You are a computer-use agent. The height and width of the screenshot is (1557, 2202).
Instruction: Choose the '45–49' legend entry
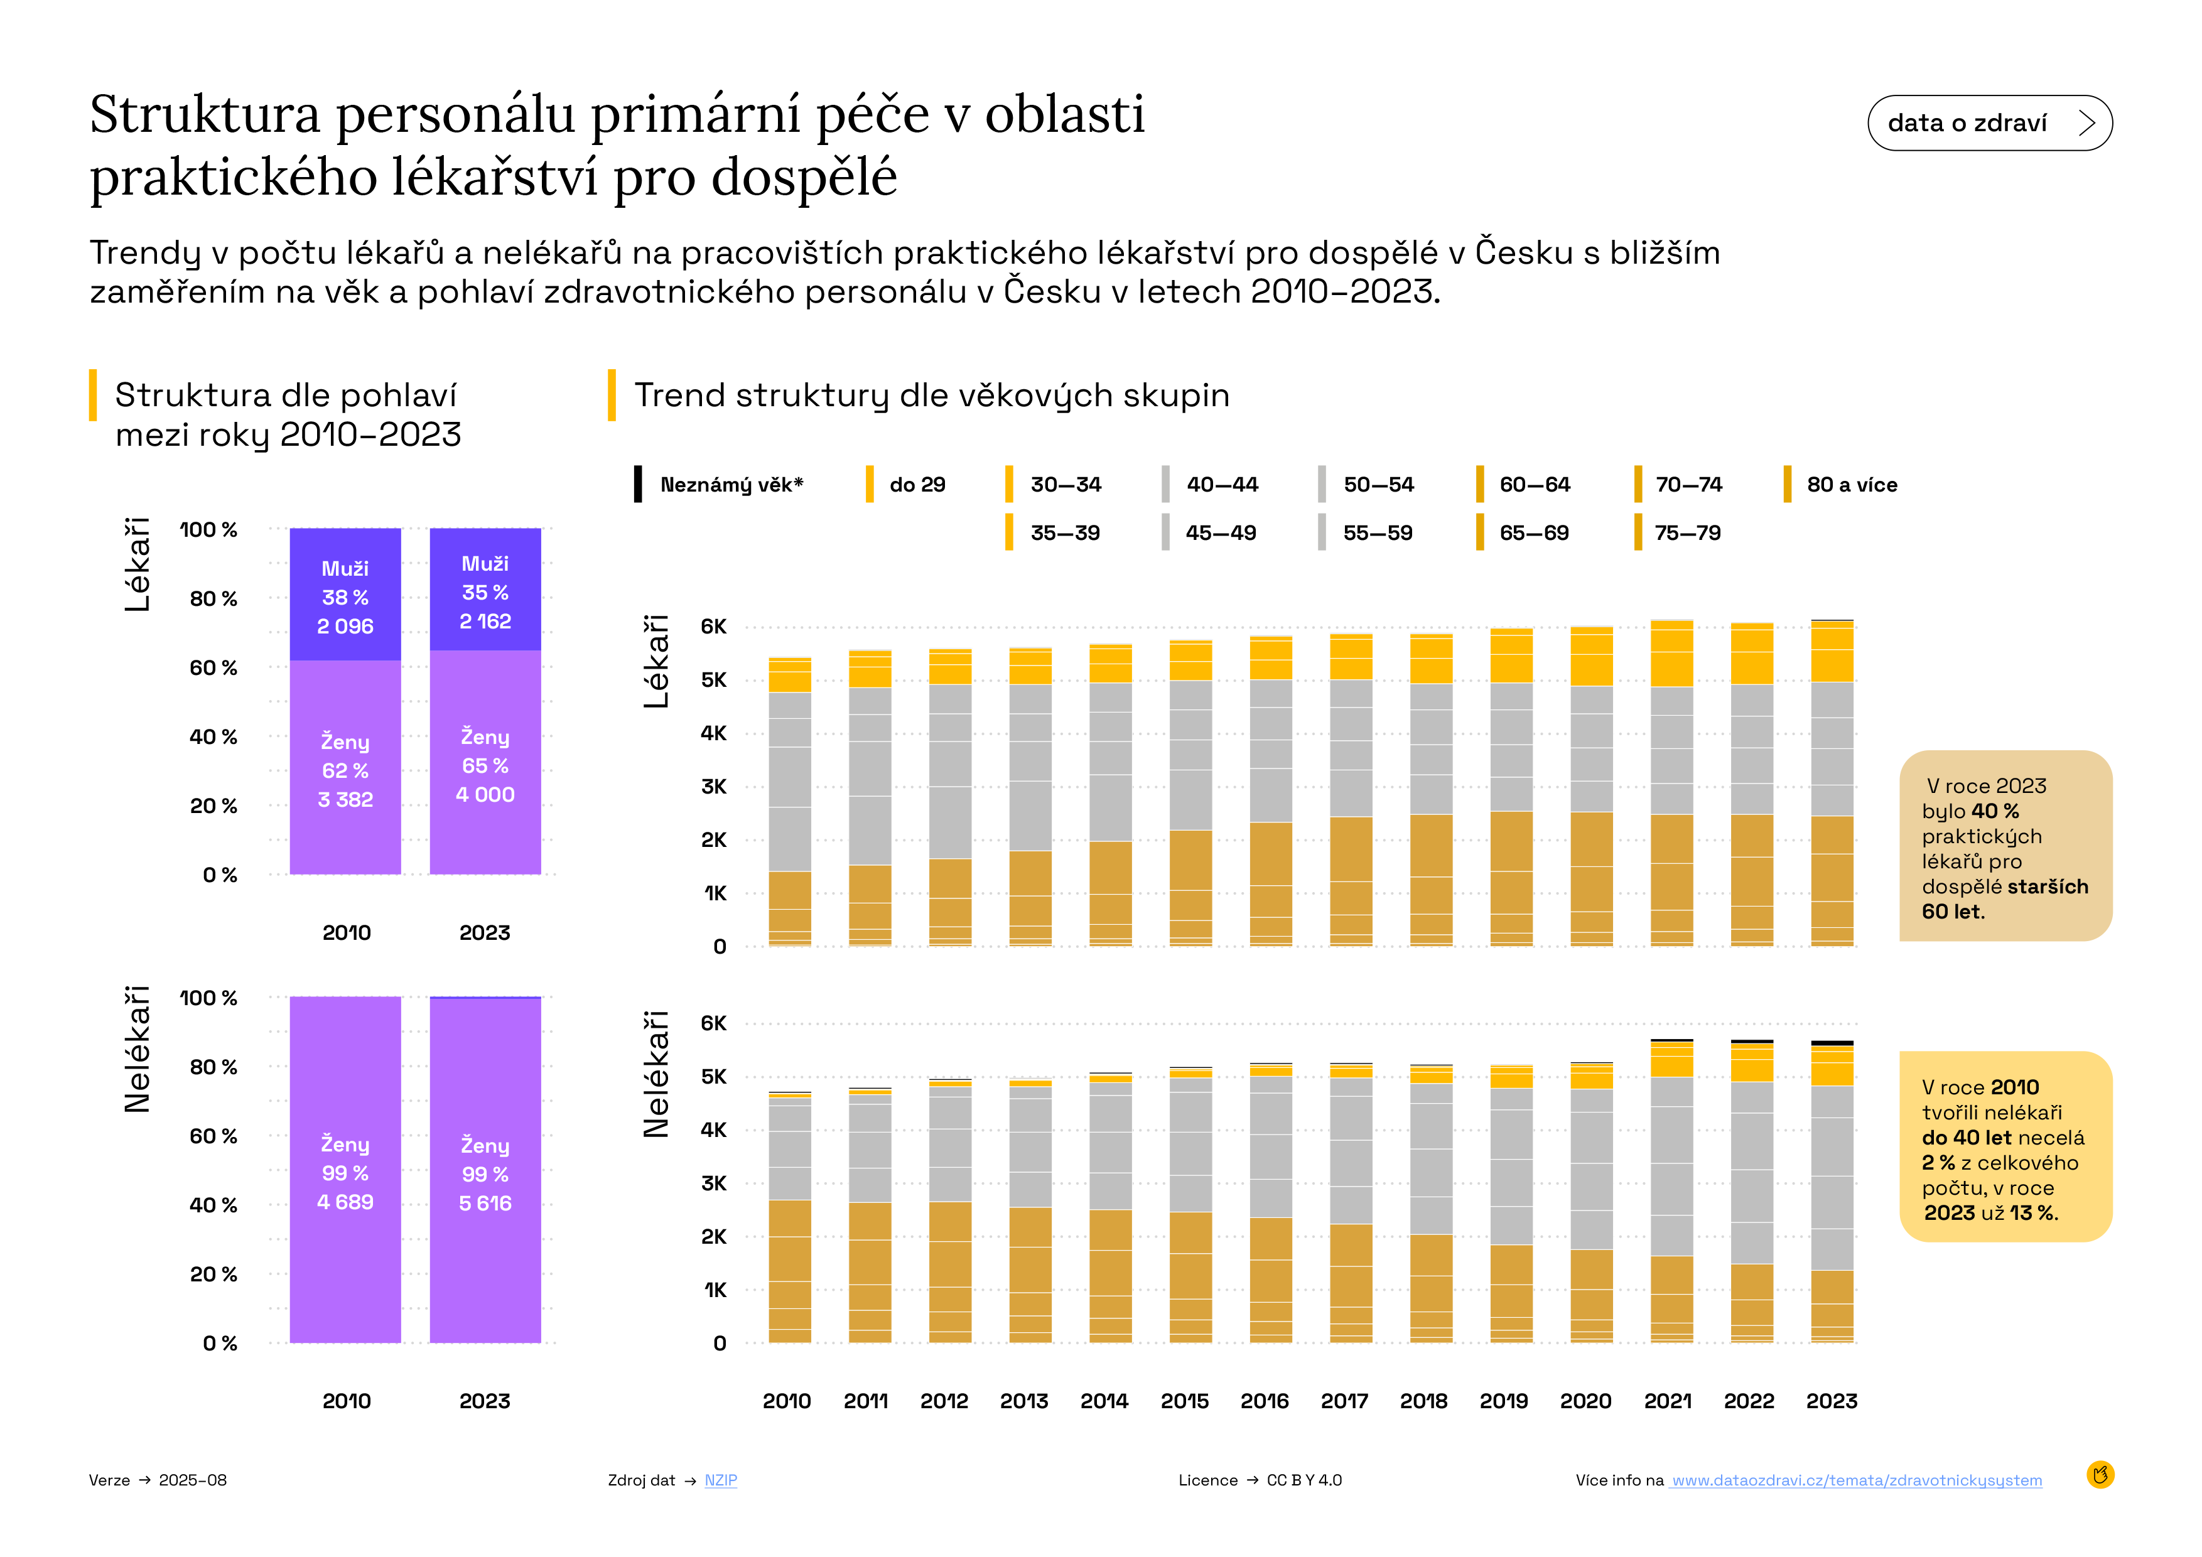(x=1220, y=532)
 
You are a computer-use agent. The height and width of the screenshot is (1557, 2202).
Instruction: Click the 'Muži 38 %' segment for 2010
(x=345, y=595)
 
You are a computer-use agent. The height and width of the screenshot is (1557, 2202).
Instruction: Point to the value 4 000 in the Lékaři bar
(x=485, y=795)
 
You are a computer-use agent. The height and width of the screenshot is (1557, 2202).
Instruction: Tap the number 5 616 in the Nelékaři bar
(x=485, y=1204)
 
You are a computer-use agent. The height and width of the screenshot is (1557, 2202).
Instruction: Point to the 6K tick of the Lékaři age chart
(x=713, y=627)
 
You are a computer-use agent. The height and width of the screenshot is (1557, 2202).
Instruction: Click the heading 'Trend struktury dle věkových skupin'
(x=931, y=395)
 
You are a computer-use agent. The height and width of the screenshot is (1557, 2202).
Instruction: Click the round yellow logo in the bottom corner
(x=2100, y=1475)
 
